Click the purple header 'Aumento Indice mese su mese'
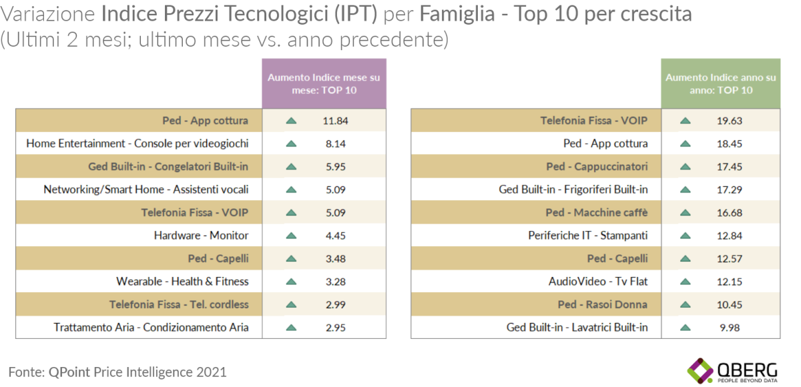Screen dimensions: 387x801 click(x=324, y=83)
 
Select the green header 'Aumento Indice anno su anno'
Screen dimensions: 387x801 click(x=721, y=83)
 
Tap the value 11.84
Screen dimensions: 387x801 click(x=336, y=121)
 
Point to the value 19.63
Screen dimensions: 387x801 click(x=730, y=121)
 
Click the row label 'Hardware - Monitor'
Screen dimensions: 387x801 click(x=201, y=236)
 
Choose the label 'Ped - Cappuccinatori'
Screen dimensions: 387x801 click(x=597, y=166)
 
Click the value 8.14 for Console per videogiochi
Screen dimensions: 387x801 click(x=336, y=143)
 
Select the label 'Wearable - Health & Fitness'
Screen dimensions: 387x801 click(x=182, y=282)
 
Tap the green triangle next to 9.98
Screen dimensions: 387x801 click(x=684, y=328)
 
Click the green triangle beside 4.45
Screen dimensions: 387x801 click(x=290, y=236)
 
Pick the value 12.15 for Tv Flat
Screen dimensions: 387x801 click(x=730, y=282)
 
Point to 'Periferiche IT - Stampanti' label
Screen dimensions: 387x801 click(x=588, y=236)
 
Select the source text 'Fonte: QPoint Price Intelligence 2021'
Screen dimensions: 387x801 click(x=117, y=372)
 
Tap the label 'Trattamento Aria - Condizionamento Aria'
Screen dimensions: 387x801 click(x=151, y=328)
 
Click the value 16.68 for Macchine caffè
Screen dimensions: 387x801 click(x=730, y=213)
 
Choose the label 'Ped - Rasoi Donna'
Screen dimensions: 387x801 click(x=603, y=304)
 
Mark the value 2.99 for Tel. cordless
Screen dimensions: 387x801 click(x=336, y=304)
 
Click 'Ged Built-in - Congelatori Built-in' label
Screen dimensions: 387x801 click(x=168, y=166)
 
